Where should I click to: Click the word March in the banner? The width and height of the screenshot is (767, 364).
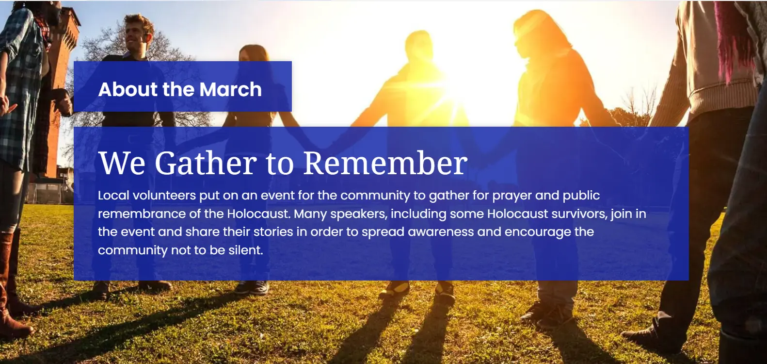(230, 89)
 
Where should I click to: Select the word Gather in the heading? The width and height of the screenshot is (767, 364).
(206, 163)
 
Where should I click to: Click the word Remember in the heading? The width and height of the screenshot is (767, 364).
(385, 163)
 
